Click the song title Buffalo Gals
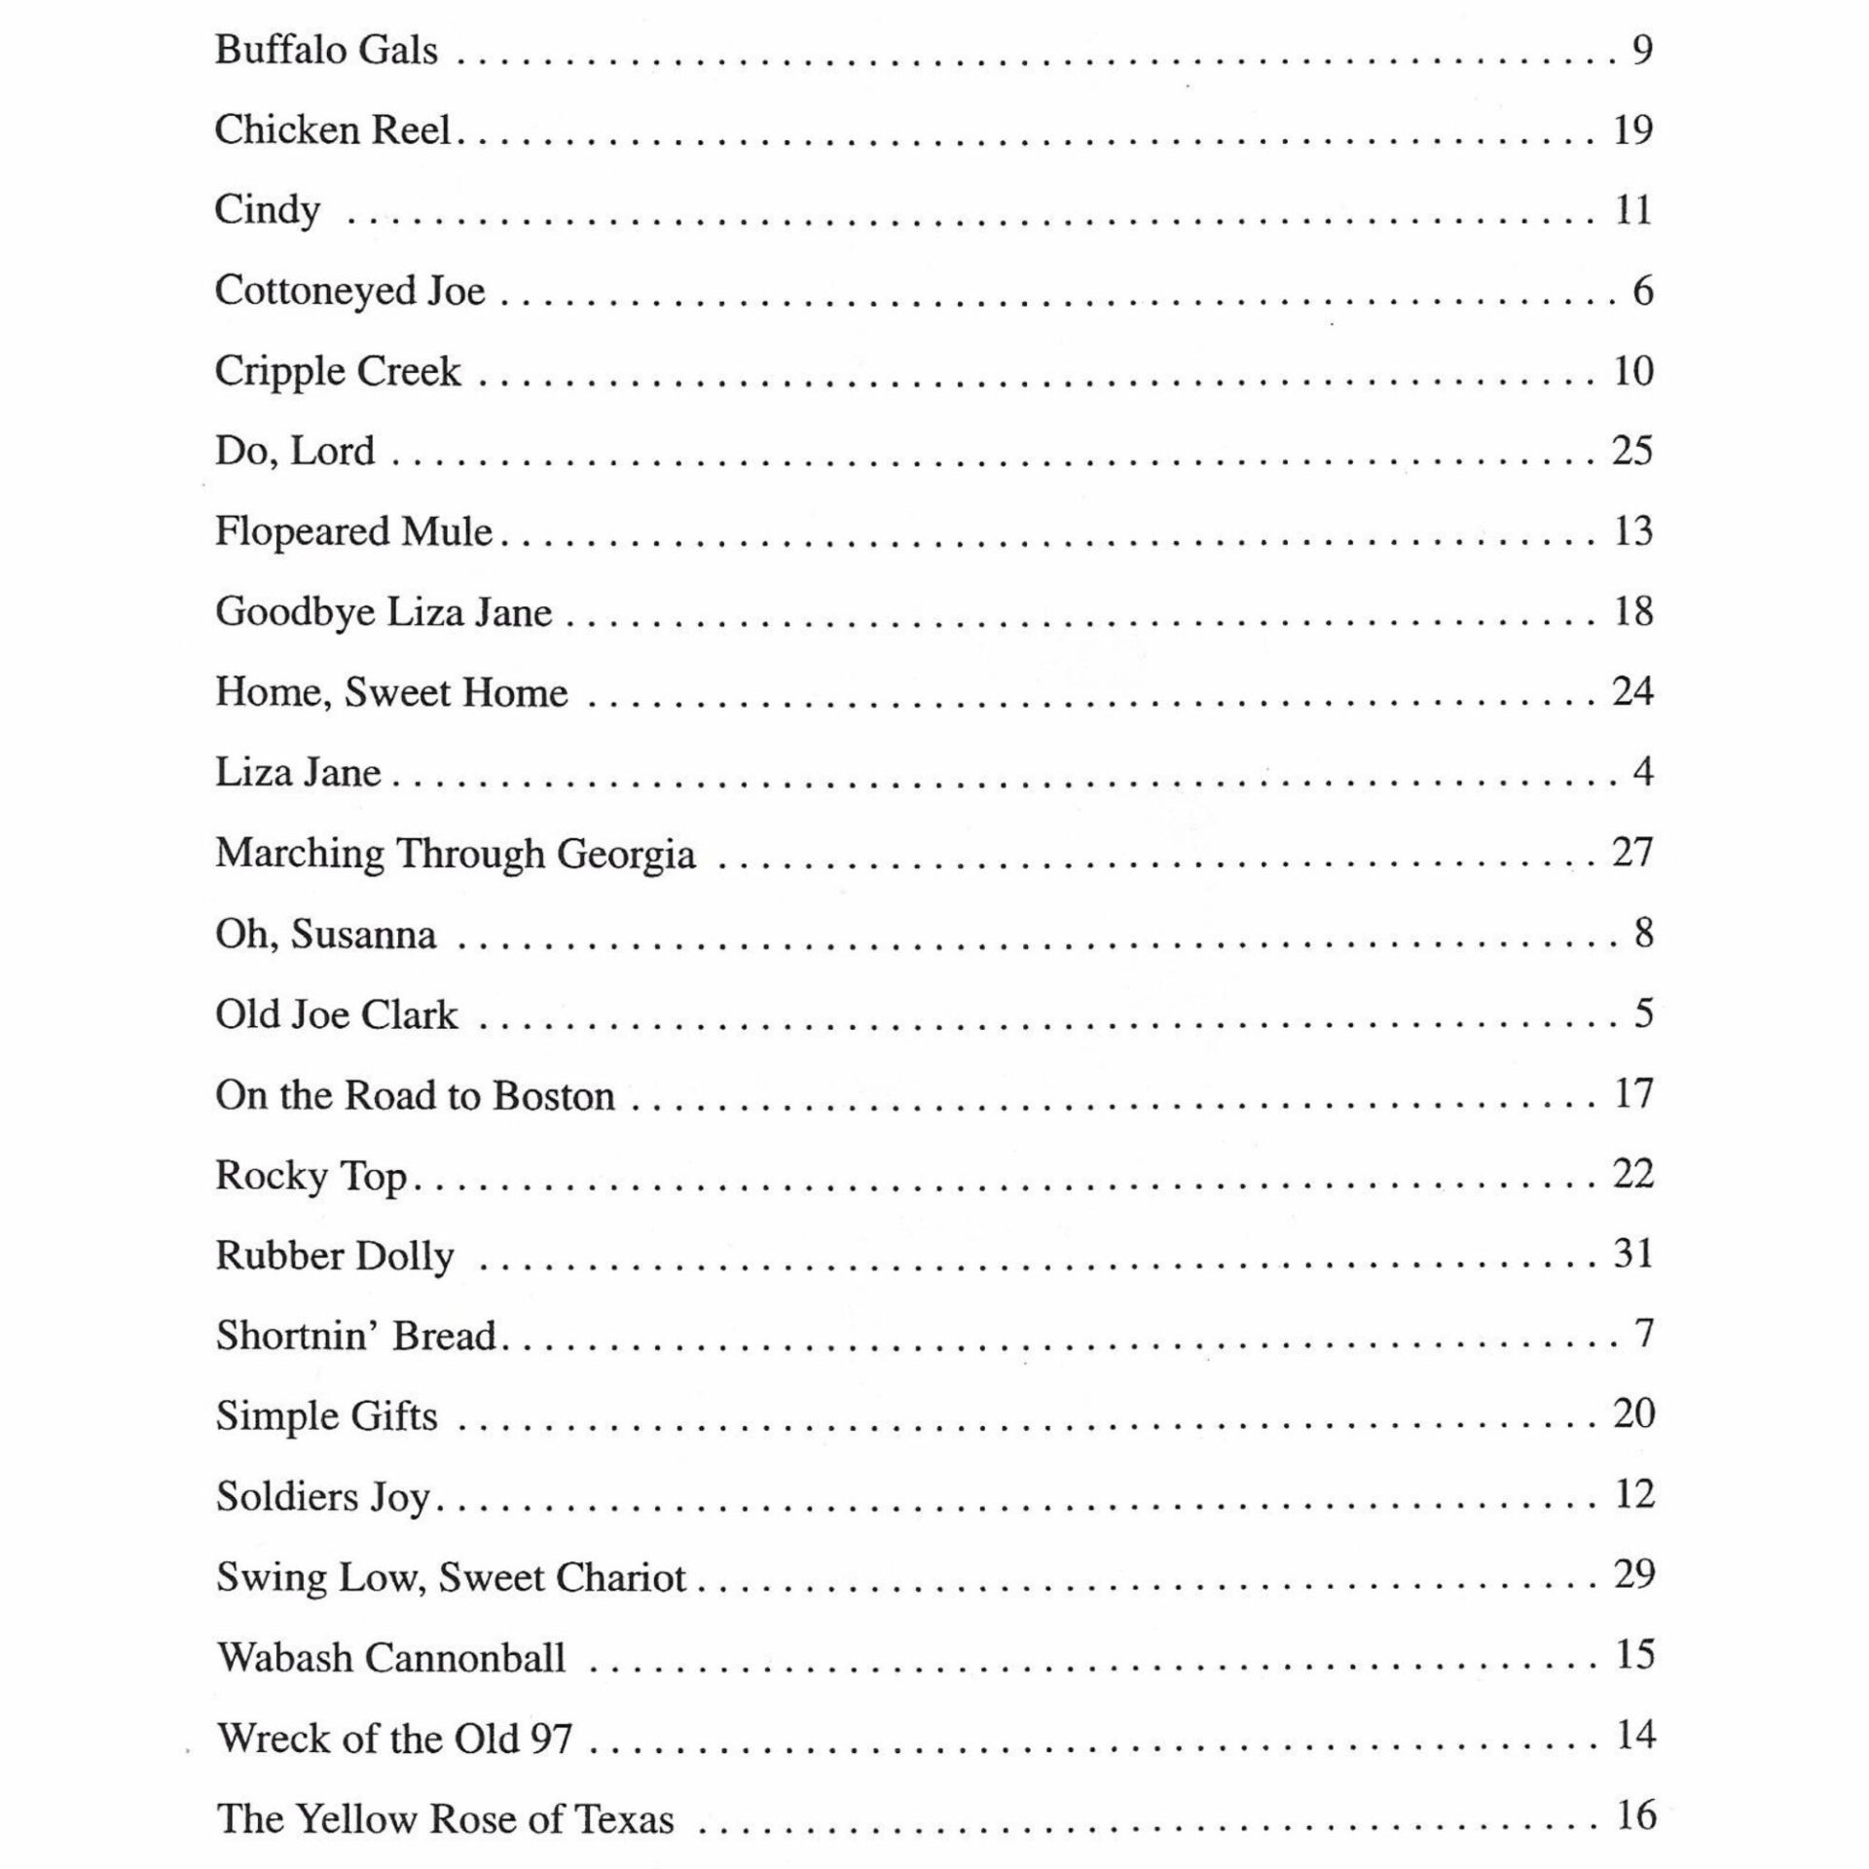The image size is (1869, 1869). click(x=326, y=50)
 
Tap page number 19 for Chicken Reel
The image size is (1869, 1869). click(x=1632, y=129)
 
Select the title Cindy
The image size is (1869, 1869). click(x=267, y=210)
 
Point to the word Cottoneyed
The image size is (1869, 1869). click(x=313, y=291)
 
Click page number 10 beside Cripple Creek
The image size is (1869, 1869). click(x=1632, y=371)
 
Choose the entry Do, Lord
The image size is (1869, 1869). click(x=294, y=451)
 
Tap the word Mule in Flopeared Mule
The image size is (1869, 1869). click(x=447, y=531)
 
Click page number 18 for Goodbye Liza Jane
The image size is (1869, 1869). click(x=1632, y=611)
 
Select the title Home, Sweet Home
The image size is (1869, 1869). click(x=391, y=692)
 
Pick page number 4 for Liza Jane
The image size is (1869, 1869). click(x=1643, y=772)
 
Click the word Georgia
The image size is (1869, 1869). click(x=625, y=854)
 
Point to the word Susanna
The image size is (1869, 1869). click(x=363, y=934)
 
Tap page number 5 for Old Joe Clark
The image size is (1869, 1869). click(x=1643, y=1013)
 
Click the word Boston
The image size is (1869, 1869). click(x=553, y=1095)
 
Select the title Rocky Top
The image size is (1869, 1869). click(x=311, y=1175)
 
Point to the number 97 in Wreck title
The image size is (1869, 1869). click(x=551, y=1738)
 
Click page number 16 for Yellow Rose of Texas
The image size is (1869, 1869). click(x=1635, y=1815)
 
